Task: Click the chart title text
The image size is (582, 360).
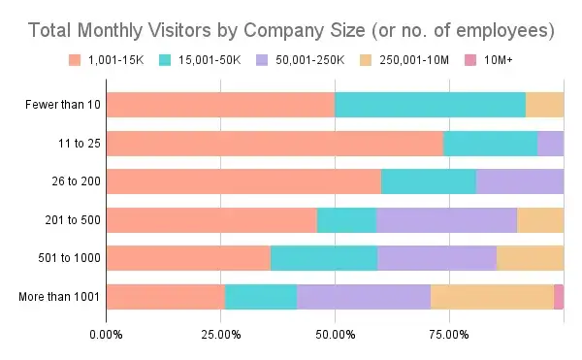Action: (x=291, y=30)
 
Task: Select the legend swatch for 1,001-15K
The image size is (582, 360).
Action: (x=72, y=60)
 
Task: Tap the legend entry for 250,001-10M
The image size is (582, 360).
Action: (x=442, y=60)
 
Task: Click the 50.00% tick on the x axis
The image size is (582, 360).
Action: (x=335, y=335)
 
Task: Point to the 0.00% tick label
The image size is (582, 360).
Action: (x=106, y=335)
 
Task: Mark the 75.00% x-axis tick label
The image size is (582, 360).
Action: (x=449, y=335)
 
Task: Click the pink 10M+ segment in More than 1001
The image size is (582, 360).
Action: (x=559, y=296)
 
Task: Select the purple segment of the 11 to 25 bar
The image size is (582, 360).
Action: (x=550, y=143)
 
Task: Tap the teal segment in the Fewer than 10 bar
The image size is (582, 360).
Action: (x=430, y=105)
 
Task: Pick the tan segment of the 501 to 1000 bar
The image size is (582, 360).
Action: (x=530, y=258)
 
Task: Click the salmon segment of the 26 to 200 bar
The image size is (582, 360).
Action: (x=243, y=181)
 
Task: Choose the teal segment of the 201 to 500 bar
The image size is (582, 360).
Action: (x=346, y=219)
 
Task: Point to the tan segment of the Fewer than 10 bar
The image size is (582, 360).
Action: (x=544, y=105)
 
